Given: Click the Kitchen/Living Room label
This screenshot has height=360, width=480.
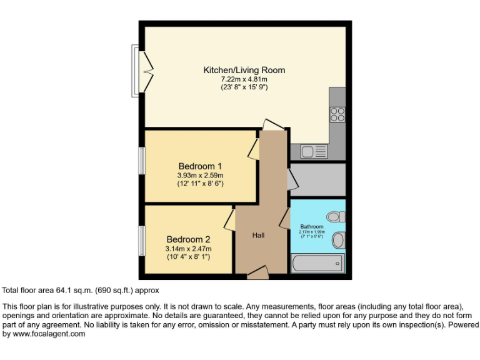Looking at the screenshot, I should [244, 70].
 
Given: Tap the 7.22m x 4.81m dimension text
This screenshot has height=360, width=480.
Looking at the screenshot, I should [244, 79].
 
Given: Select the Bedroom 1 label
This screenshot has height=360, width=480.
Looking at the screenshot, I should [200, 166].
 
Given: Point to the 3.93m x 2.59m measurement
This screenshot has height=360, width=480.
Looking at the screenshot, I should [200, 176].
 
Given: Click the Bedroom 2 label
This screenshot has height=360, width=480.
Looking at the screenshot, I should [188, 239].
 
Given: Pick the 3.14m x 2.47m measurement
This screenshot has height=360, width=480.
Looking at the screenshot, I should [188, 249].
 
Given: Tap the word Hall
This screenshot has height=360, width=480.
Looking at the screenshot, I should [258, 236].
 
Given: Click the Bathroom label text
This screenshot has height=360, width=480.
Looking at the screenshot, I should [312, 226].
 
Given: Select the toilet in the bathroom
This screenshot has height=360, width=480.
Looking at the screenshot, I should [336, 217].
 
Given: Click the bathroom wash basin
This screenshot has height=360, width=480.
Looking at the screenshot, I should [338, 240].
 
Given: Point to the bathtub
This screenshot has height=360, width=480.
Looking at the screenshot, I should [317, 263].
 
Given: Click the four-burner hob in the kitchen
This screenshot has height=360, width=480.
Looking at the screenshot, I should [337, 114].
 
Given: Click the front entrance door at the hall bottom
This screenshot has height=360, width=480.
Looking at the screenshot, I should [257, 272].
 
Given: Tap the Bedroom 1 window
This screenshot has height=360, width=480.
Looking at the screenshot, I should [142, 161].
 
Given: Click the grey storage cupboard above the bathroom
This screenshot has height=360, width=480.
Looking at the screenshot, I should [317, 180].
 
